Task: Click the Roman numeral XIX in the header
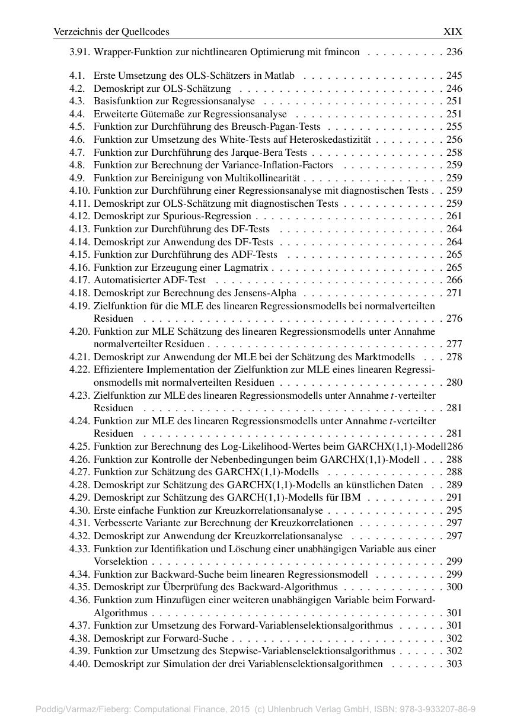(x=452, y=31)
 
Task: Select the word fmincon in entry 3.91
(x=341, y=52)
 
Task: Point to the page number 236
(x=454, y=52)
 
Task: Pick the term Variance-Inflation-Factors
(x=276, y=165)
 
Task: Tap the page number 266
(x=454, y=280)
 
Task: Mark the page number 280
(x=454, y=383)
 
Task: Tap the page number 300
(x=454, y=587)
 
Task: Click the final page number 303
(x=454, y=664)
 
